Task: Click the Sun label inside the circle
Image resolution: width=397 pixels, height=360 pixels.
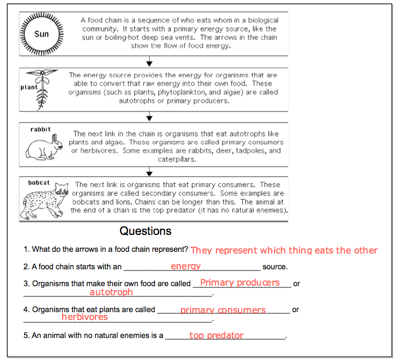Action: tap(42, 34)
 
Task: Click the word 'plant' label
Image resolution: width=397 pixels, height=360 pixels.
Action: tap(28, 87)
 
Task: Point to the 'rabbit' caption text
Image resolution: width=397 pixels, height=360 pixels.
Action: tap(41, 129)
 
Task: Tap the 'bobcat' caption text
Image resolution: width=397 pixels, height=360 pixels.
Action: tap(39, 183)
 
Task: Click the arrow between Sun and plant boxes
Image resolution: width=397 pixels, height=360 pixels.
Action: tap(149, 62)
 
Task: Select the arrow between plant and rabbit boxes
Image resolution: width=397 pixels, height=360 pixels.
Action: tap(149, 117)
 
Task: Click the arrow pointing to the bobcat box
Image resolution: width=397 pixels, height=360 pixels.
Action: tap(149, 172)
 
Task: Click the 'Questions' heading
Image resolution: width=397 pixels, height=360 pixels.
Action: tap(145, 231)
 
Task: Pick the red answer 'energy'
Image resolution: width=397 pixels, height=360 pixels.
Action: tap(186, 266)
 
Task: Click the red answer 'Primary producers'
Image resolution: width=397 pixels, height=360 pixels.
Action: tap(240, 283)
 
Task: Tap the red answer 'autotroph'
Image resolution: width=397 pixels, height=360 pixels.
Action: tap(111, 292)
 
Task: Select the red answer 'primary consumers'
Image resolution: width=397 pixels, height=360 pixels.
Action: tap(223, 310)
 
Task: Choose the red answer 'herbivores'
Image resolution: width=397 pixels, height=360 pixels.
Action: tap(85, 317)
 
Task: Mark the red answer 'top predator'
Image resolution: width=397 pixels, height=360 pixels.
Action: tap(216, 335)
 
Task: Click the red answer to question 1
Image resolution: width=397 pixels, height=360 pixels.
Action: tap(284, 250)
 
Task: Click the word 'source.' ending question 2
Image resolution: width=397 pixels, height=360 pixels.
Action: tap(275, 267)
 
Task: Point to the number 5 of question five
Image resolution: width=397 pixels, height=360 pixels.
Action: tap(25, 336)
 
